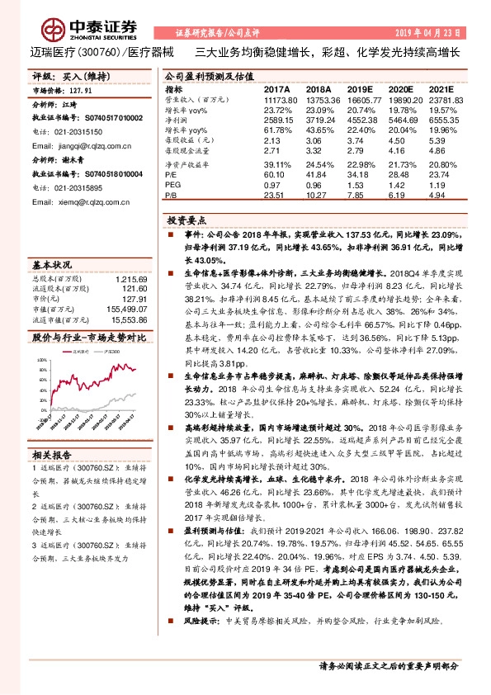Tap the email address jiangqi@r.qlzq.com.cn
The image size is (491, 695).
pyautogui.click(x=73, y=142)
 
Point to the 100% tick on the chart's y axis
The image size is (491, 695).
pyautogui.click(x=42, y=361)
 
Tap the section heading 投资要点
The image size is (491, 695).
pyautogui.click(x=185, y=221)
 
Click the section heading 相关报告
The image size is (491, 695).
pyautogui.click(x=54, y=455)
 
